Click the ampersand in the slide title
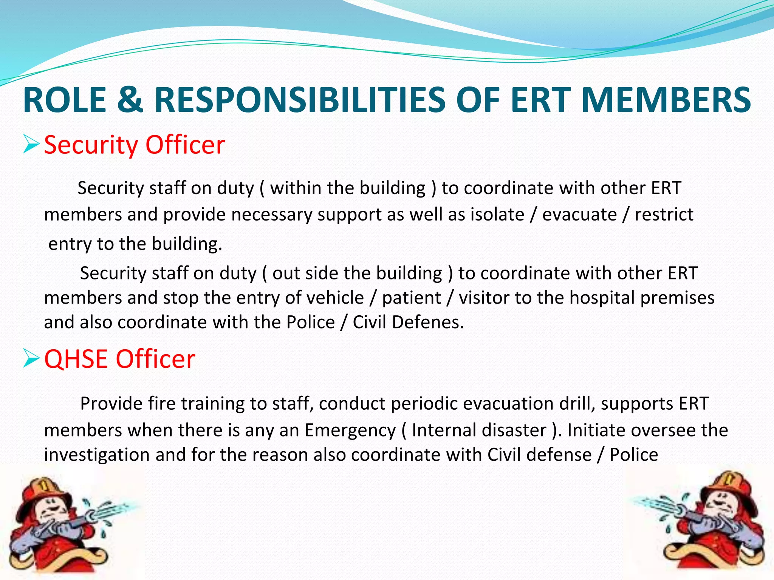tap(130, 100)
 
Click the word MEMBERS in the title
tap(666, 100)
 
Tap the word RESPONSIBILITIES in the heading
tap(300, 100)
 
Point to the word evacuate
tap(579, 214)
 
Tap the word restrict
tap(664, 214)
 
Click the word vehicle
tap(335, 298)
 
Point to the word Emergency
tap(350, 430)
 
